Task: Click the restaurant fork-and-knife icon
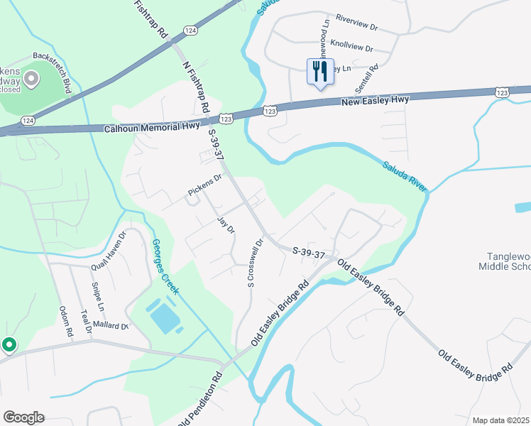[x=319, y=71]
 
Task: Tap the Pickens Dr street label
[x=205, y=185]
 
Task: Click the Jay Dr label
[x=226, y=226]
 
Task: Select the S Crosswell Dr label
[x=255, y=262]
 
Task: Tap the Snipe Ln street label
[x=97, y=297]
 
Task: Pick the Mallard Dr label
[x=109, y=327]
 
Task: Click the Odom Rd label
[x=66, y=321]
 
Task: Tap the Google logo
[x=23, y=417]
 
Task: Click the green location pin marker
[x=9, y=345]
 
